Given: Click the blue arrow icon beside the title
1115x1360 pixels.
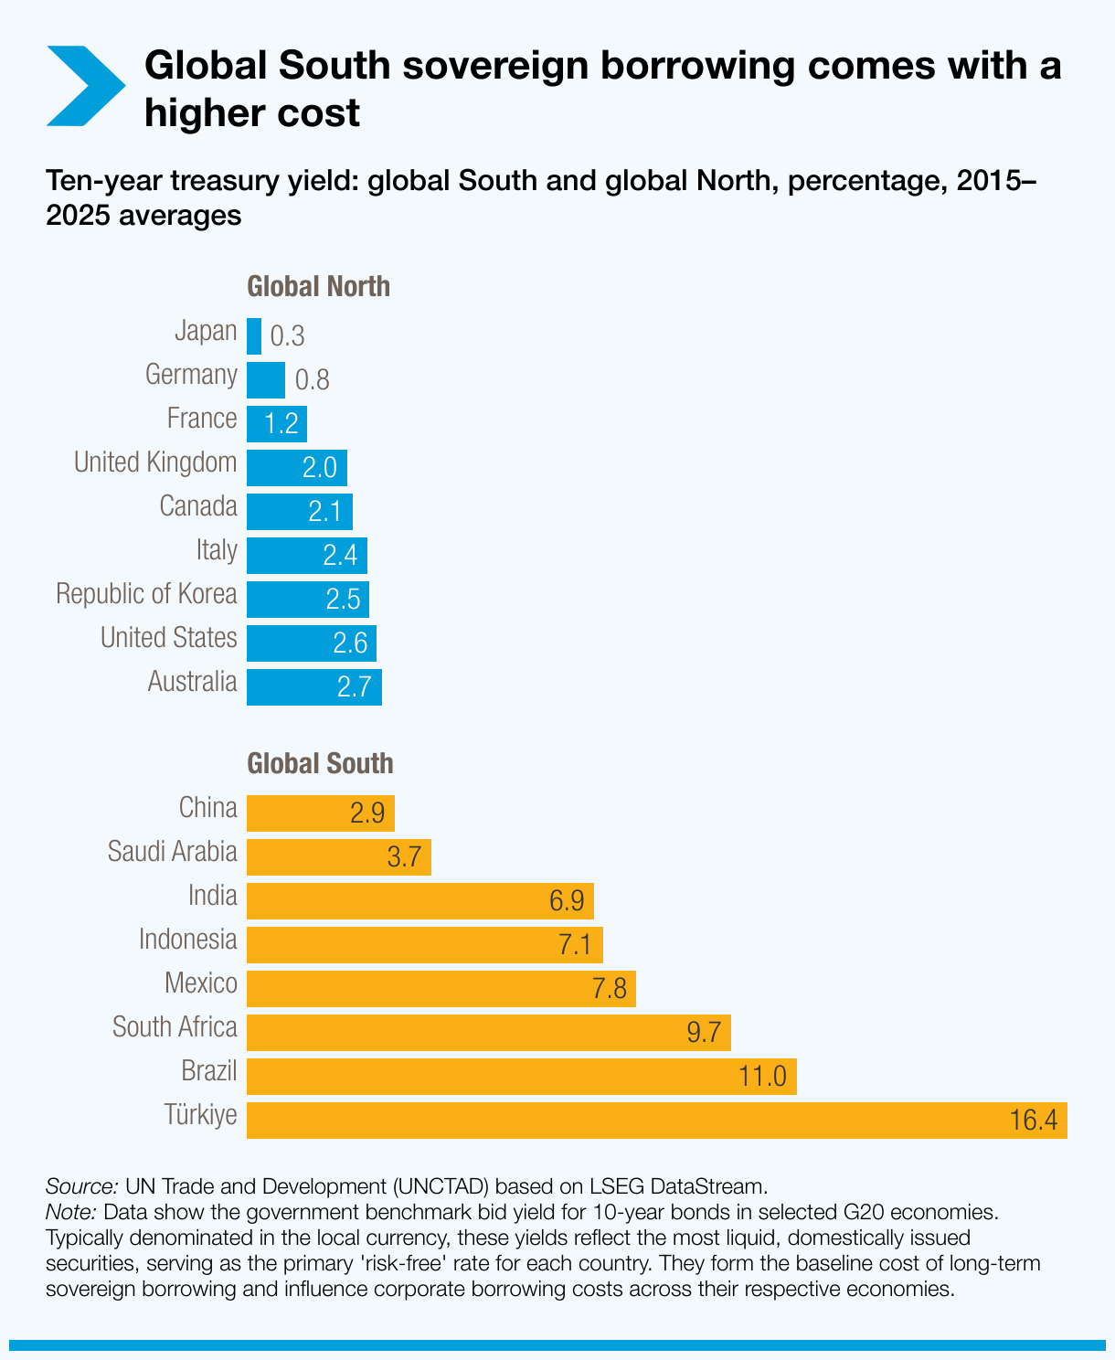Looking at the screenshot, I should pos(84,86).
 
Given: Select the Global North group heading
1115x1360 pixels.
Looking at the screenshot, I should pos(318,287).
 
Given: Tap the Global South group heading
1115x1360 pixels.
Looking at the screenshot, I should pos(320,764).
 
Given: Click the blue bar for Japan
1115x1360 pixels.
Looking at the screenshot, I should pos(254,336).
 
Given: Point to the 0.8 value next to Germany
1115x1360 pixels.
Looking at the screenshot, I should pos(312,380).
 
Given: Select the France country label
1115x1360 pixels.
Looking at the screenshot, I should pos(202,419).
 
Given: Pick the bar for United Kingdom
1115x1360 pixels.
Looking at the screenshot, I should pos(296,468).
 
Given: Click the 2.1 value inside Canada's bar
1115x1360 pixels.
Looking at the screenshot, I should pos(324,512).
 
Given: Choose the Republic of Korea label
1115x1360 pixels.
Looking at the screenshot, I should pos(146,594).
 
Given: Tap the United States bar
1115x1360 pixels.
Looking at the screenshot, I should pos(311,643).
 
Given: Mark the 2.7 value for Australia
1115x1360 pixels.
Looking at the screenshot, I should pos(354,687).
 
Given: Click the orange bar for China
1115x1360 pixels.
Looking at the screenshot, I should pos(320,813).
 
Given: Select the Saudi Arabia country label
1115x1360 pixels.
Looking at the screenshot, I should pos(172,852).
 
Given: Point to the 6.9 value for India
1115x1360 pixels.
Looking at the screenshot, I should pos(566,901).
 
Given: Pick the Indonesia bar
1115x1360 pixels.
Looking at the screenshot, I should pos(424,945).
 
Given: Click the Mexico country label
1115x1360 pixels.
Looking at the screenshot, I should pos(200,983).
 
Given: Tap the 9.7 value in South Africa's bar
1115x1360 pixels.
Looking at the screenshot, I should pos(703,1033).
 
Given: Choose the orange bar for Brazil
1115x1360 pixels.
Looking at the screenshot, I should pos(521,1077).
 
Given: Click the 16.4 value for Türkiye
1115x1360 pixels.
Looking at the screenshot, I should pos(1034,1121).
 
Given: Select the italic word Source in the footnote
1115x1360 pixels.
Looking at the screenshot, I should pos(81,1186).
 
